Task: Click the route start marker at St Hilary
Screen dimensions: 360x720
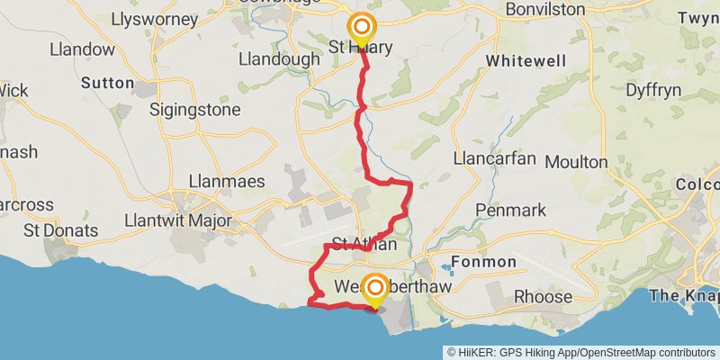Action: tap(362, 28)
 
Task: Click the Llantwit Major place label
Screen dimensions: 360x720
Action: tap(179, 220)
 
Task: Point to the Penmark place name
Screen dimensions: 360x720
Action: tap(510, 210)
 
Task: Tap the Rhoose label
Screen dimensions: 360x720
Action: tap(543, 296)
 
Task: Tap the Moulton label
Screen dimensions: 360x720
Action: tap(601, 162)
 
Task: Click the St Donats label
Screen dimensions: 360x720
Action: tap(61, 230)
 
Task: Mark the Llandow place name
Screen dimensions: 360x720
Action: tap(83, 49)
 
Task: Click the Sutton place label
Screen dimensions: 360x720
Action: tap(107, 82)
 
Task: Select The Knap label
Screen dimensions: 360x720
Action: tap(684, 295)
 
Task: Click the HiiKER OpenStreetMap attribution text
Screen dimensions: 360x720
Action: tap(581, 352)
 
